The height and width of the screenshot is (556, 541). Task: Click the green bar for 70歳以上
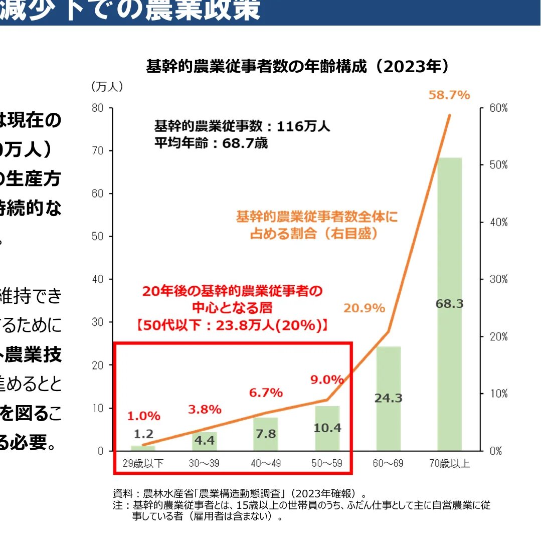(449, 251)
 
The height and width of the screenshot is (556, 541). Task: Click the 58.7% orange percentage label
(449, 95)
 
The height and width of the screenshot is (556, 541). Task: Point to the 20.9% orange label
(364, 308)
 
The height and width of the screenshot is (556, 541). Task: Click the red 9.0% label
(327, 380)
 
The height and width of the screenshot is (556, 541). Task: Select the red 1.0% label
(143, 416)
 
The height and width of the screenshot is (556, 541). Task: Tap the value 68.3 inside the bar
(449, 304)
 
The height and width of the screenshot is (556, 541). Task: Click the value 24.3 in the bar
(388, 398)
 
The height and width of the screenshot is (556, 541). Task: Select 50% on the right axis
(498, 165)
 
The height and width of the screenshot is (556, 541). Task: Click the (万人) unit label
(107, 87)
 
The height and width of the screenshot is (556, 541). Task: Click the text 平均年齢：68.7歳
(211, 143)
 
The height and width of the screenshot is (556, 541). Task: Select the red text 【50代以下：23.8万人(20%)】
(232, 324)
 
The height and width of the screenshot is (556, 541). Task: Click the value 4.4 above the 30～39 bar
(205, 442)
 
